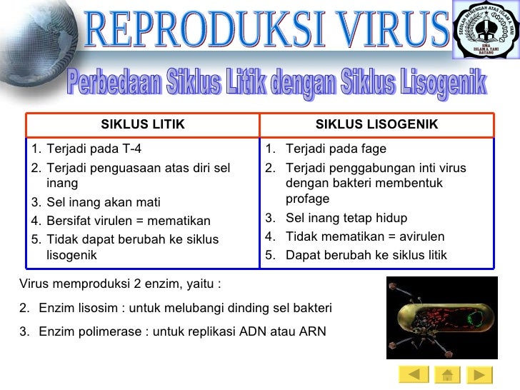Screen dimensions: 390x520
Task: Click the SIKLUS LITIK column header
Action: [143, 125]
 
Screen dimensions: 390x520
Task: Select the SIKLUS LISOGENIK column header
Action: [376, 125]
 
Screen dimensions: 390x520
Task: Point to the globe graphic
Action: [32, 43]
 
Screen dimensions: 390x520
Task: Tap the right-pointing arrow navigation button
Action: [479, 374]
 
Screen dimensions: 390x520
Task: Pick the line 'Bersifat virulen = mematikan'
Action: [128, 221]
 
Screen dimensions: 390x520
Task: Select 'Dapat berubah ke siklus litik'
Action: [366, 255]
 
